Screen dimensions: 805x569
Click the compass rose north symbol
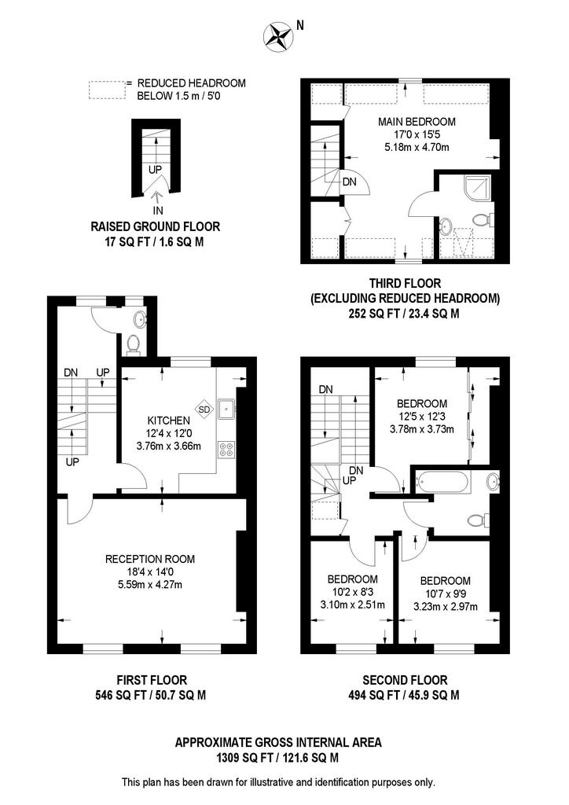point(279,34)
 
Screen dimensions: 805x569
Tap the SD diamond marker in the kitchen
point(204,409)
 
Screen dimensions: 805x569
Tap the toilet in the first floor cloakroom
point(132,344)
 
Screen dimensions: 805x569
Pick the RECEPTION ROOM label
point(150,559)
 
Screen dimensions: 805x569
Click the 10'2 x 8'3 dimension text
point(352,592)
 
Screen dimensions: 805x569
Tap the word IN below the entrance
point(158,211)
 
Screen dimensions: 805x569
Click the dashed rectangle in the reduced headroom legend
point(106,89)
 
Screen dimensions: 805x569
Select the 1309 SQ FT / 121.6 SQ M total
point(279,758)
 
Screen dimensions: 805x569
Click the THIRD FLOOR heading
point(405,283)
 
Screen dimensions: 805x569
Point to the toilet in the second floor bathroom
point(477,519)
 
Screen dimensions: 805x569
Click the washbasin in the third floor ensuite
point(446,226)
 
